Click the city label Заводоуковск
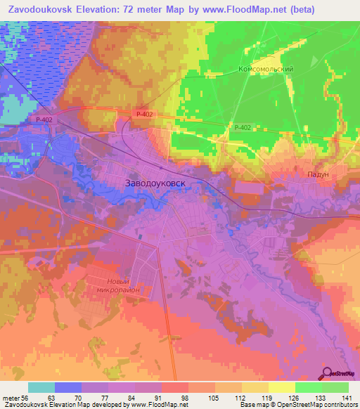coord(163,183)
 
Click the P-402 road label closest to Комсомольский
coord(242,127)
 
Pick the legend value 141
coord(345,397)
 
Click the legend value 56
coord(25,397)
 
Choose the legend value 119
coord(266,397)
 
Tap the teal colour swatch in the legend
coord(41,387)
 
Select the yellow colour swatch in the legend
coord(281,387)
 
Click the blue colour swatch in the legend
coord(68,387)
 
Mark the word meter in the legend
coord(10,397)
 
